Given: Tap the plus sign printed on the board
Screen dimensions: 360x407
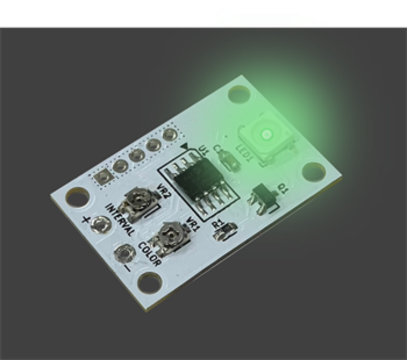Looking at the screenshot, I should point(86,219).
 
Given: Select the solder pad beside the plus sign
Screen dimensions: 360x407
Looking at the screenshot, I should point(101,225).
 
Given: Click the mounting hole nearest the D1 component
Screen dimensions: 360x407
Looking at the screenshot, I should point(313,171).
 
